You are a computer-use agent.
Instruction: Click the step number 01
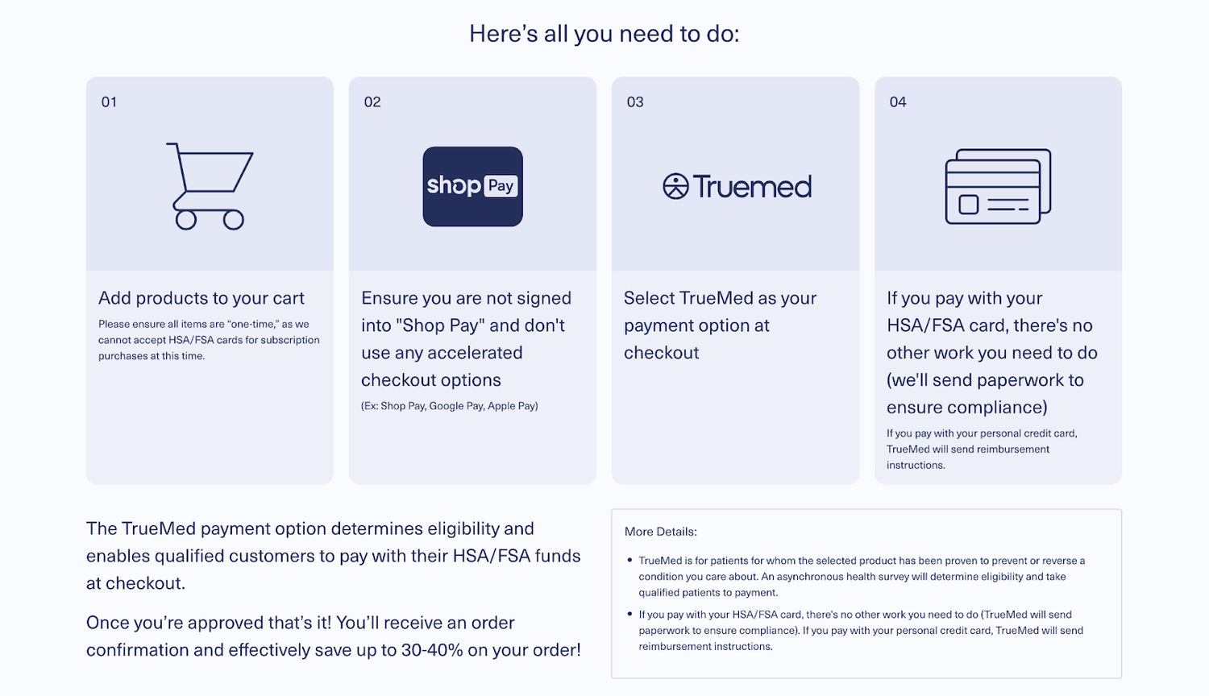tap(109, 102)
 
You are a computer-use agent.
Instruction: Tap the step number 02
tap(372, 102)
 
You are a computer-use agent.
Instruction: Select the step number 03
tap(635, 102)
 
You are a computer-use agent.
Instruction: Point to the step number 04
tap(898, 102)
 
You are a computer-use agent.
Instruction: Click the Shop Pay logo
tap(473, 187)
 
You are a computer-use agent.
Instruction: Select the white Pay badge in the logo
tap(501, 186)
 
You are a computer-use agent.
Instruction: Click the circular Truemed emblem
tap(675, 186)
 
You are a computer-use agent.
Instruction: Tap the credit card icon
tap(998, 187)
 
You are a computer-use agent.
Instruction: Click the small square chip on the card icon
tap(968, 205)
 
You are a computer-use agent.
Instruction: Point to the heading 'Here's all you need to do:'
tap(604, 34)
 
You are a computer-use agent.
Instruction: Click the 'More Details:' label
tap(661, 532)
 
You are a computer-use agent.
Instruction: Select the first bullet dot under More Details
tap(629, 560)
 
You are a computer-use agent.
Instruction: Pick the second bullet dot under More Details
tap(629, 614)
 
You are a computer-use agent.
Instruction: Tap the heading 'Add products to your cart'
tap(201, 298)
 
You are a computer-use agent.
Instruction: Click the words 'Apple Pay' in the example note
tap(511, 406)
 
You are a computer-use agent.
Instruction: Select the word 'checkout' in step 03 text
tap(661, 353)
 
